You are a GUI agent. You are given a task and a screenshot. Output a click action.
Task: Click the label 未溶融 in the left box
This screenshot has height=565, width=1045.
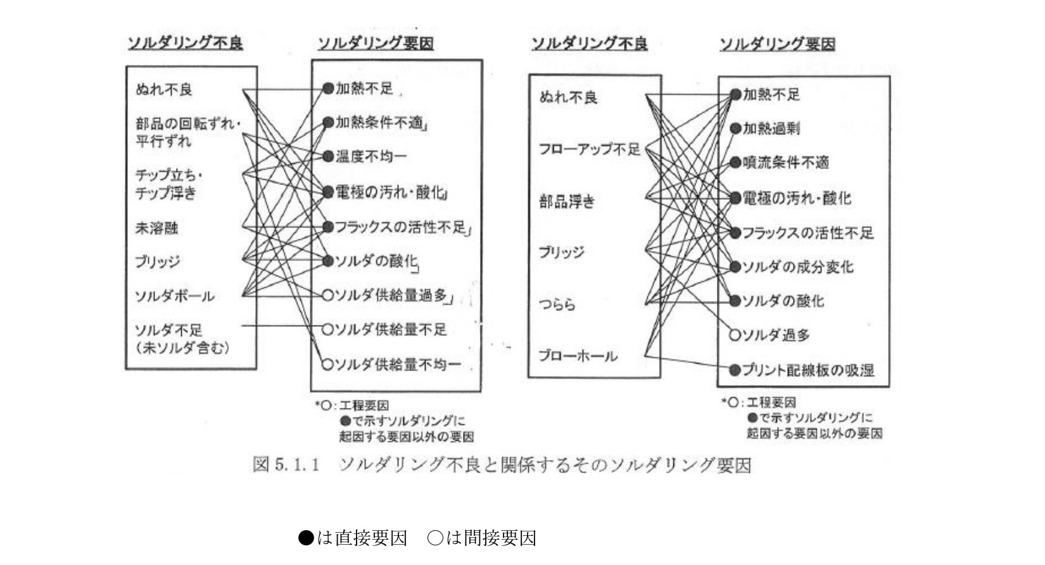156,227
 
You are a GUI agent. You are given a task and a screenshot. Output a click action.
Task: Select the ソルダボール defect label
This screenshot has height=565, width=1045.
175,296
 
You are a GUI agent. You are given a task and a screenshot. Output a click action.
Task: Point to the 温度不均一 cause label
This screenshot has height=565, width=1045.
371,156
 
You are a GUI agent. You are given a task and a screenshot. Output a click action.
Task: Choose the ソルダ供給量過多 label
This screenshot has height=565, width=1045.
391,295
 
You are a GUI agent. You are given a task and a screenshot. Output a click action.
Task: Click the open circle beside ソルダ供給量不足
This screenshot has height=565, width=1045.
327,329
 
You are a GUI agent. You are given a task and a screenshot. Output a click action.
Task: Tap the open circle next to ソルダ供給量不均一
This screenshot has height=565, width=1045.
327,364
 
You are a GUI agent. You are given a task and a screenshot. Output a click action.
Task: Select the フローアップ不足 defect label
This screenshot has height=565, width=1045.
590,149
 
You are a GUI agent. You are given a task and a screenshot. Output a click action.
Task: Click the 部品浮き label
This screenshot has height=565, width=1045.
567,202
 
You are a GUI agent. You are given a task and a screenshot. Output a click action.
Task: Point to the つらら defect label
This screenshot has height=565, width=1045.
557,305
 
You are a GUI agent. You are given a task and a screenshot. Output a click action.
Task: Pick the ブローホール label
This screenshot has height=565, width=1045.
578,356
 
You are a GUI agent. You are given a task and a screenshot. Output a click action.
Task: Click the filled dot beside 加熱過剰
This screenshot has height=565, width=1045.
735,129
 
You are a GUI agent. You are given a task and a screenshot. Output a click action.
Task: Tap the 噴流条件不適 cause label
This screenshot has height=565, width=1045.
786,163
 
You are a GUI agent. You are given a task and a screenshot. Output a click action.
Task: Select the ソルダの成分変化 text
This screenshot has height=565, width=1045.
798,267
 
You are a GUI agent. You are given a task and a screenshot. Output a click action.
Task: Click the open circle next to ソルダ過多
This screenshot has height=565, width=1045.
735,335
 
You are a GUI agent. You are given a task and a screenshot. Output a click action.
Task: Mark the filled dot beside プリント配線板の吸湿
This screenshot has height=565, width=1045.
735,370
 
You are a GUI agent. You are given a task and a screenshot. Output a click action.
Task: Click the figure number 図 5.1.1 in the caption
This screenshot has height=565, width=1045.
285,465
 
